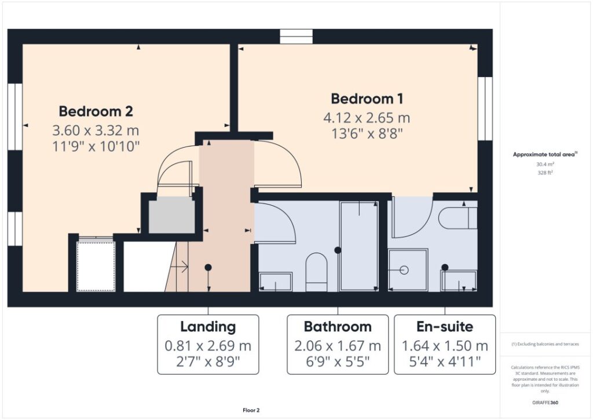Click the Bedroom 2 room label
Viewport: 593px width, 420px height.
(96, 111)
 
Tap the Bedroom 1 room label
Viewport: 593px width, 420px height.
(367, 98)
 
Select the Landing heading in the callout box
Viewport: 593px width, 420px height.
(208, 327)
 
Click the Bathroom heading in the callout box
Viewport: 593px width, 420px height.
(338, 327)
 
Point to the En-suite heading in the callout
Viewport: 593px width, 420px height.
(445, 327)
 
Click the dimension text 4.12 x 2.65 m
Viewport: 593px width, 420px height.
(367, 118)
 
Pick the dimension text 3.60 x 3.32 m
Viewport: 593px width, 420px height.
(96, 130)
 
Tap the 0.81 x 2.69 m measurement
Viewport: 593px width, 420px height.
(208, 346)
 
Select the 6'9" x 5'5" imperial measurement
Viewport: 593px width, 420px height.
(338, 361)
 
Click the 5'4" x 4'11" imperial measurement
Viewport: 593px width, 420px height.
(445, 361)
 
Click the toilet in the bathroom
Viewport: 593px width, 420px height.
(316, 272)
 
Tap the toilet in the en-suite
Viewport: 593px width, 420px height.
(458, 218)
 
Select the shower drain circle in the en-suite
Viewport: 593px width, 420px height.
(404, 270)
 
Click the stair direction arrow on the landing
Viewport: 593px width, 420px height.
(180, 266)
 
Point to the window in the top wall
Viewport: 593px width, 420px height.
(296, 36)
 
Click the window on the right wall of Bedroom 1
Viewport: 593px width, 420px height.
(485, 108)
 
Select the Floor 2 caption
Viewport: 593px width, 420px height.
(251, 410)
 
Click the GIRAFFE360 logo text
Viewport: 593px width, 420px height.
(545, 403)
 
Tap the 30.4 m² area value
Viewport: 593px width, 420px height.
(545, 164)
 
